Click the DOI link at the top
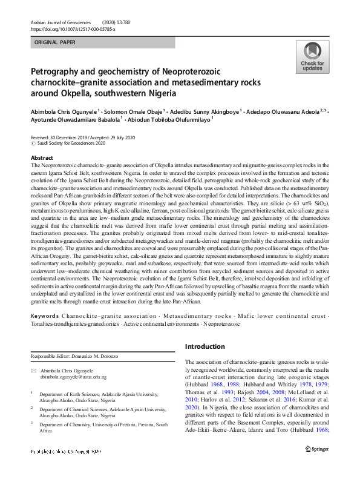(73, 28)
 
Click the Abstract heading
(42, 157)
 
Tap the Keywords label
(45, 316)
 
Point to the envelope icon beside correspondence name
(34, 369)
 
